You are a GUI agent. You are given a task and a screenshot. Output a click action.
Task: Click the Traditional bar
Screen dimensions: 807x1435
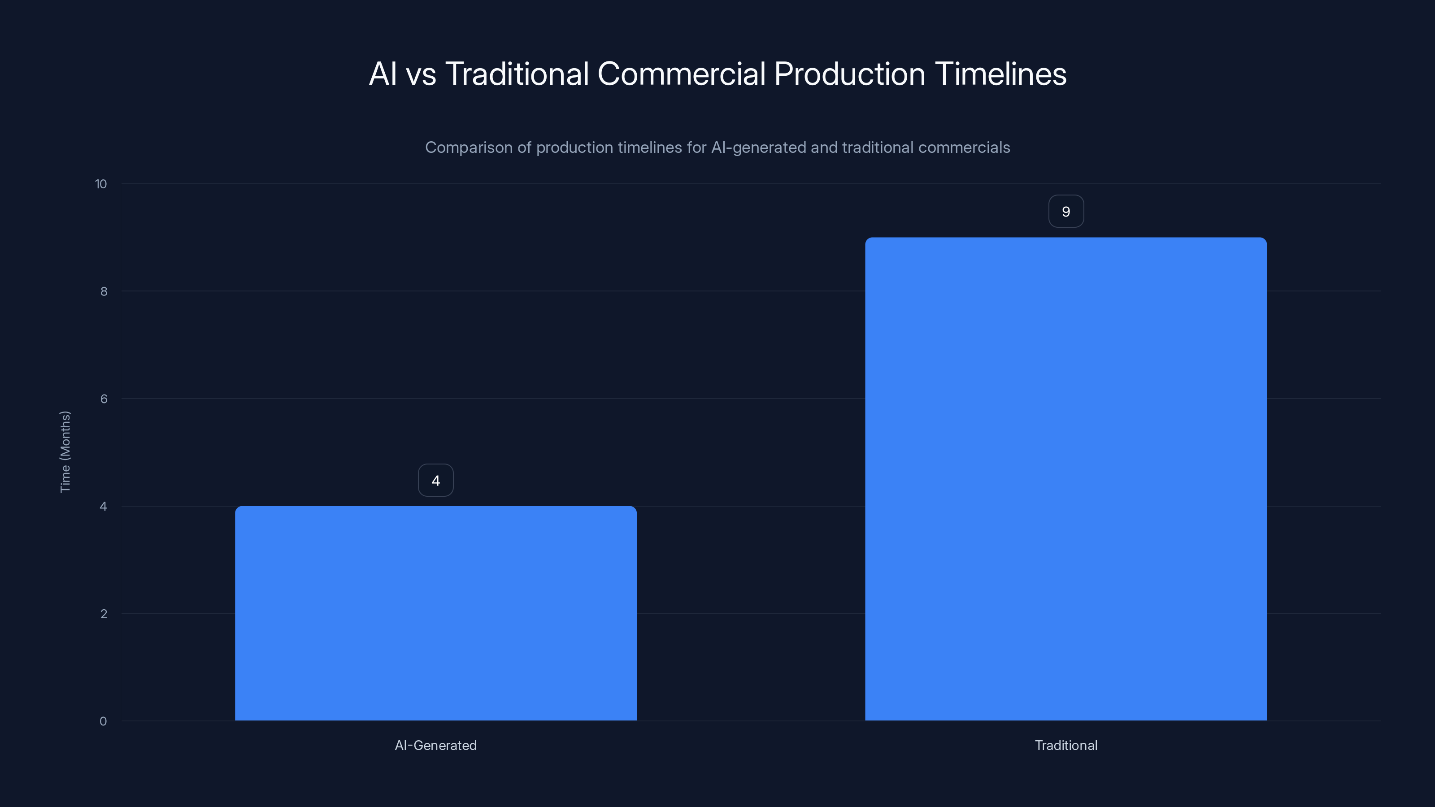tap(1065, 479)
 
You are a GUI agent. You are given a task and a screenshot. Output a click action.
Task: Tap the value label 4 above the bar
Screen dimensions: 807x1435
tap(435, 480)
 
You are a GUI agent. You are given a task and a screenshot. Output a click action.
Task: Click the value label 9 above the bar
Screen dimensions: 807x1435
tap(1065, 211)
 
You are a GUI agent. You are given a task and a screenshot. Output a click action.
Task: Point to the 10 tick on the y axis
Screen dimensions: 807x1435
tap(101, 184)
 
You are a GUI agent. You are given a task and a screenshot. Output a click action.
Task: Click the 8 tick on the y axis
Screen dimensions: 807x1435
tap(104, 291)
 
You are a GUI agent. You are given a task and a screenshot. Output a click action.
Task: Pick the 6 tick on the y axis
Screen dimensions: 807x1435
tap(104, 399)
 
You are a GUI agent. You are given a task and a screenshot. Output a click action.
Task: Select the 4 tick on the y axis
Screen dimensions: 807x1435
tap(104, 506)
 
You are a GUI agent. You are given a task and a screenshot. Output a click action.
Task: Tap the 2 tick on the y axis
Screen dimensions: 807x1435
tap(104, 614)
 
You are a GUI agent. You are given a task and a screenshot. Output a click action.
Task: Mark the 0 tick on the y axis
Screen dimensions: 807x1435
tap(103, 721)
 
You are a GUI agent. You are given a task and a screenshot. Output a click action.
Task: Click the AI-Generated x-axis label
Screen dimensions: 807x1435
tap(435, 745)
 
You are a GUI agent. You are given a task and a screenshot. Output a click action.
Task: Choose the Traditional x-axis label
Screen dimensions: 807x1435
tap(1065, 745)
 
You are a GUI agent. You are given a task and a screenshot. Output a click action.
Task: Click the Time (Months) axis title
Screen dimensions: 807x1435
tap(65, 451)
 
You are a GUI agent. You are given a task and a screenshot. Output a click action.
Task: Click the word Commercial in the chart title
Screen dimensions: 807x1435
tap(681, 74)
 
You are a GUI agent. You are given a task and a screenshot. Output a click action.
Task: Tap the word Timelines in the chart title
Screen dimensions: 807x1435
tap(1000, 74)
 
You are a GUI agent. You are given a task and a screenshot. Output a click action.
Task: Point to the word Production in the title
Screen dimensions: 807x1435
tap(849, 74)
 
